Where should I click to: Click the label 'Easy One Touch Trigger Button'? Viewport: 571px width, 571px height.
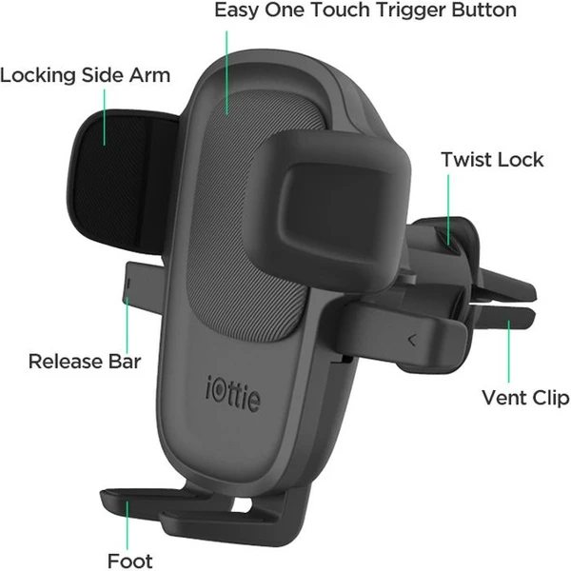coord(365,10)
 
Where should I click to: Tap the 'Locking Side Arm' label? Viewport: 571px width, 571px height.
coord(86,75)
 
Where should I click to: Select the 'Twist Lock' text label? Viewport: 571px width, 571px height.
coord(492,160)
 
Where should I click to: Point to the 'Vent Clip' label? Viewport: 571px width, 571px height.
coord(525,398)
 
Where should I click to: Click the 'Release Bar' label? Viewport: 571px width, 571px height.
coord(85,362)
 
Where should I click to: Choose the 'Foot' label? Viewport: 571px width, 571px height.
coord(130,561)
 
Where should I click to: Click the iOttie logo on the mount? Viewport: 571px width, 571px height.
coord(233,394)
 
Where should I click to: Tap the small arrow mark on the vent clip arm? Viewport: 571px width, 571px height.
coord(412,340)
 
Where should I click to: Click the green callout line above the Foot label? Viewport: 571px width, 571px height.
coord(128,525)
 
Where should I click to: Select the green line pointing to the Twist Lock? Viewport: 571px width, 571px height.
coord(448,209)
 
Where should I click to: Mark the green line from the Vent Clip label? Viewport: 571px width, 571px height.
coord(509,351)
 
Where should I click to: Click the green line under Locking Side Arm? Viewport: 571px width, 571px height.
coord(105,117)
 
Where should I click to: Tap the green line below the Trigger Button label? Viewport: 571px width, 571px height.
coord(226,73)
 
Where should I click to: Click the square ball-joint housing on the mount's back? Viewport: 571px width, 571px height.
coord(329,210)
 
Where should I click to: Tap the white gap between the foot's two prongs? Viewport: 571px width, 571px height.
coord(241,505)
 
